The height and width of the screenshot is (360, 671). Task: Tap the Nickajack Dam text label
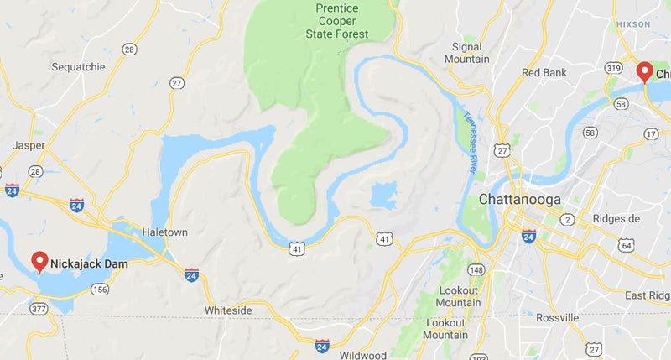pyautogui.click(x=89, y=263)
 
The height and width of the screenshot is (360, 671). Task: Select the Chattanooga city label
pyautogui.click(x=520, y=200)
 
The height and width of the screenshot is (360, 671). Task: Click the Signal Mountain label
pyautogui.click(x=466, y=53)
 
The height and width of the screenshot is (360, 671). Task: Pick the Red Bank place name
pyautogui.click(x=544, y=72)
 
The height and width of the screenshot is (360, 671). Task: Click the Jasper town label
pyautogui.click(x=29, y=145)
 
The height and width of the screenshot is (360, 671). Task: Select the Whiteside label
pyautogui.click(x=228, y=310)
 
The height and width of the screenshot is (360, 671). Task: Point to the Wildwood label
pyautogui.click(x=364, y=355)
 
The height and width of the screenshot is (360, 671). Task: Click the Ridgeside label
pyautogui.click(x=616, y=218)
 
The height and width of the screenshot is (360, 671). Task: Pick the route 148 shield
pyautogui.click(x=476, y=270)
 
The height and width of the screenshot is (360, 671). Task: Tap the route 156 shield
pyautogui.click(x=100, y=290)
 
